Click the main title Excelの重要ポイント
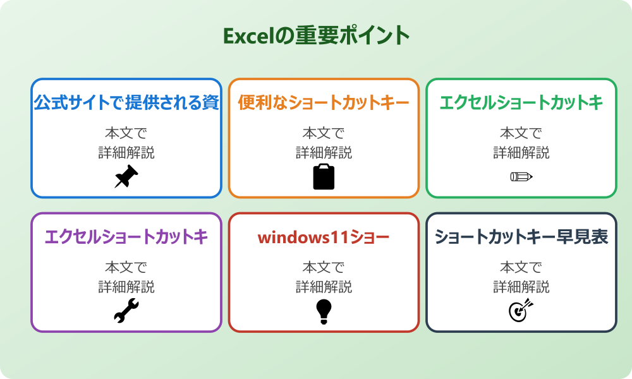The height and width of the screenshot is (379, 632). [316, 35]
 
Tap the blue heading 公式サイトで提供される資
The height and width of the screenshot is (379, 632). [126, 102]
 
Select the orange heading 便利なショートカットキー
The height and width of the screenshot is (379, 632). [324, 102]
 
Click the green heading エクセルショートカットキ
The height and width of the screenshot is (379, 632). [521, 102]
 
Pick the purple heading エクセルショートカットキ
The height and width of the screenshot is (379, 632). [126, 237]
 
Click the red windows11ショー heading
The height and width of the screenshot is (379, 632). [324, 238]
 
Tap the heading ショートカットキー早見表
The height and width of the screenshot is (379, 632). [521, 237]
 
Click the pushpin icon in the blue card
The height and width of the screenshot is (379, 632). [126, 177]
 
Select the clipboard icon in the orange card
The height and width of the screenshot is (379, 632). [324, 177]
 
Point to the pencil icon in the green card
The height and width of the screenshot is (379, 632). [521, 176]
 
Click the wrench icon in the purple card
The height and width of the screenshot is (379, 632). [126, 311]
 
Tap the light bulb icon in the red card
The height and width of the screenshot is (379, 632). [324, 311]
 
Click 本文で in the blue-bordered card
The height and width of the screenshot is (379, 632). [126, 133]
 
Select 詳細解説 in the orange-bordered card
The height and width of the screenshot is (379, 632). [324, 153]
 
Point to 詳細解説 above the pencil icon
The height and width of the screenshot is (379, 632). [521, 153]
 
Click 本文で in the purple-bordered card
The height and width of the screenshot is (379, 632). [126, 268]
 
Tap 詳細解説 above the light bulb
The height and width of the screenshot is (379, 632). [324, 287]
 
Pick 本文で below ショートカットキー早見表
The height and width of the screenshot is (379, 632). [521, 268]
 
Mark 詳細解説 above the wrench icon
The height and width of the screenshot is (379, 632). [126, 287]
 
